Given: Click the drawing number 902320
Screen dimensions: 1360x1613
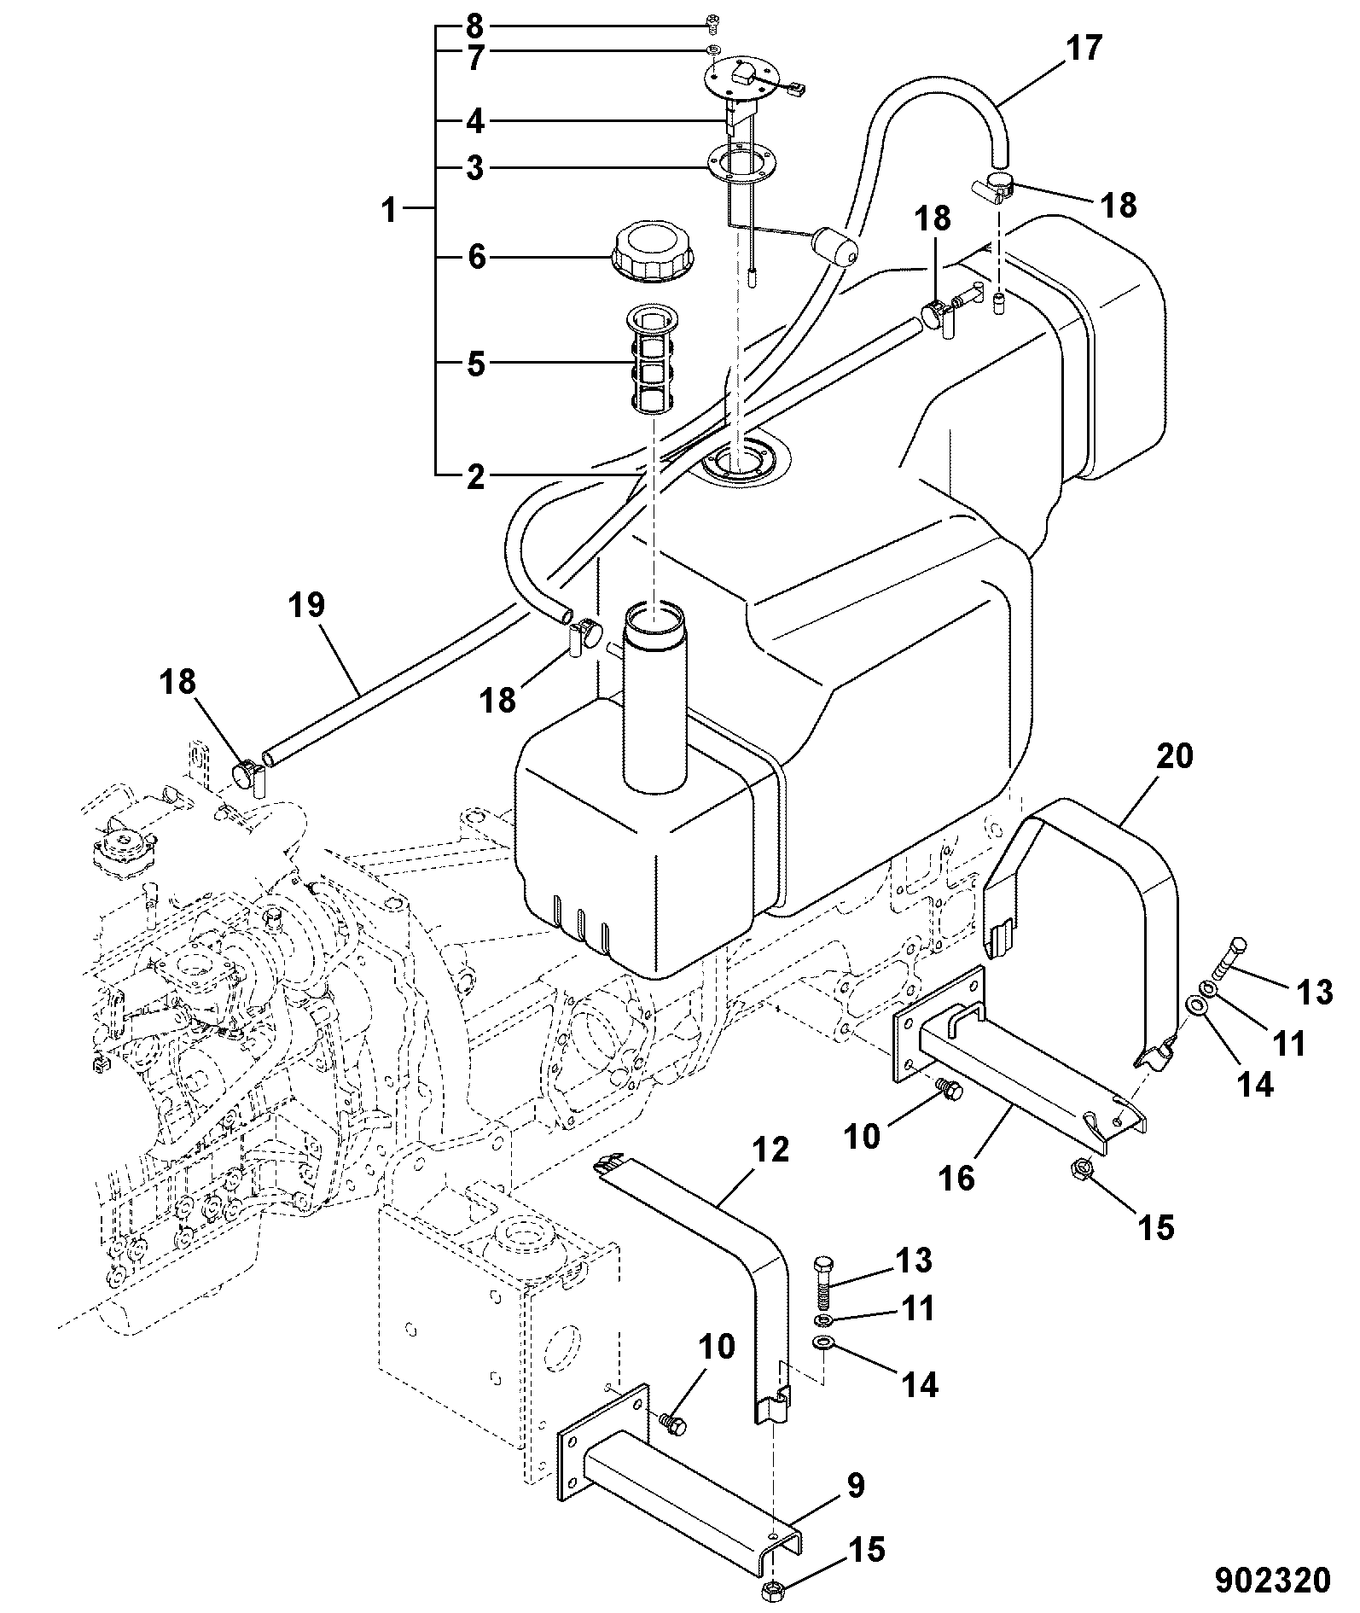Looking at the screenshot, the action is coord(1272,1580).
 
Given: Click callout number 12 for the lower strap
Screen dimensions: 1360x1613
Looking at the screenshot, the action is coord(772,1150).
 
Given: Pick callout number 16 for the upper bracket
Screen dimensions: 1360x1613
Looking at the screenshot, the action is coord(955,1179).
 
